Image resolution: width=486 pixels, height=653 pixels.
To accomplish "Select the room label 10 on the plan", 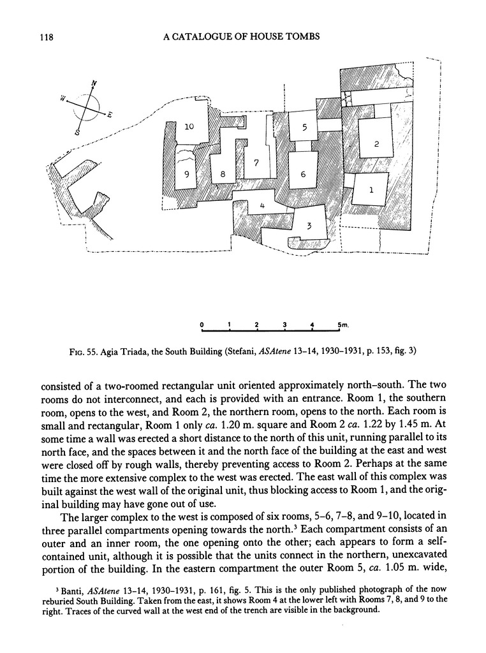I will click(189, 127).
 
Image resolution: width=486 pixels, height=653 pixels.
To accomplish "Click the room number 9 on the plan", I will click(188, 175).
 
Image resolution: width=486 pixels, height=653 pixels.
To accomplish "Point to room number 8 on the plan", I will click(223, 175).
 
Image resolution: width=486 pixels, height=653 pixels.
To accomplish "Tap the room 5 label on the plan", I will click(305, 128).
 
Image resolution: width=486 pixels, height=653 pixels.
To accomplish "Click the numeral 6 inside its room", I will click(303, 174).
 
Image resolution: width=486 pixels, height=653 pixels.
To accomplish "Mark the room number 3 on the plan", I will click(308, 225).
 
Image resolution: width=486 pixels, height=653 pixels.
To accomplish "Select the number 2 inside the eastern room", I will click(376, 144).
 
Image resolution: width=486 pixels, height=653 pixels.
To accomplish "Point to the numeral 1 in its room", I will click(371, 189).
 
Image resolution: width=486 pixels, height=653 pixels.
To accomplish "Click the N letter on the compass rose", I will click(94, 84).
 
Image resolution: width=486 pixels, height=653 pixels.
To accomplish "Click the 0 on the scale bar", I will click(201, 325).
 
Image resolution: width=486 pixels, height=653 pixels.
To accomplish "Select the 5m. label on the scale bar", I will click(343, 325).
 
